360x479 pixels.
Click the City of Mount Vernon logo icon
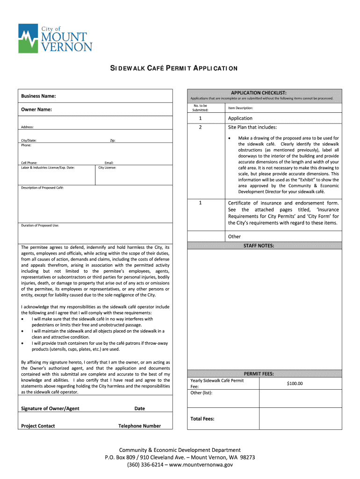[x=29, y=38]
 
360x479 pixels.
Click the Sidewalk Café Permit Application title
[x=173, y=68]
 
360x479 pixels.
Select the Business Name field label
[x=39, y=96]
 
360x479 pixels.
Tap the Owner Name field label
[x=36, y=109]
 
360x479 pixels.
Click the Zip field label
[x=112, y=140]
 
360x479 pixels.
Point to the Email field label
[x=109, y=163]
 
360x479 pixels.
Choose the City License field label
[x=108, y=167]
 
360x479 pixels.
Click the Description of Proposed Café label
[x=42, y=188]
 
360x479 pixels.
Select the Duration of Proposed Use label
[x=40, y=225]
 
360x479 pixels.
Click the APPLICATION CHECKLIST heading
[x=265, y=93]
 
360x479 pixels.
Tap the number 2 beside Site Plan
[x=200, y=127]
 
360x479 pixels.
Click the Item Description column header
[x=240, y=108]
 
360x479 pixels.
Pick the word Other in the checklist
[x=234, y=237]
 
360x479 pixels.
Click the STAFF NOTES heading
[x=259, y=246]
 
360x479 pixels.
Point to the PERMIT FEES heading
[x=259, y=374]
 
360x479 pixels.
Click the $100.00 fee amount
[x=295, y=384]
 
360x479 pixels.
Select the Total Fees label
[x=202, y=419]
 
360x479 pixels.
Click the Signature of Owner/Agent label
[x=50, y=408]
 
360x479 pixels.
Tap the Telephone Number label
[x=140, y=426]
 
